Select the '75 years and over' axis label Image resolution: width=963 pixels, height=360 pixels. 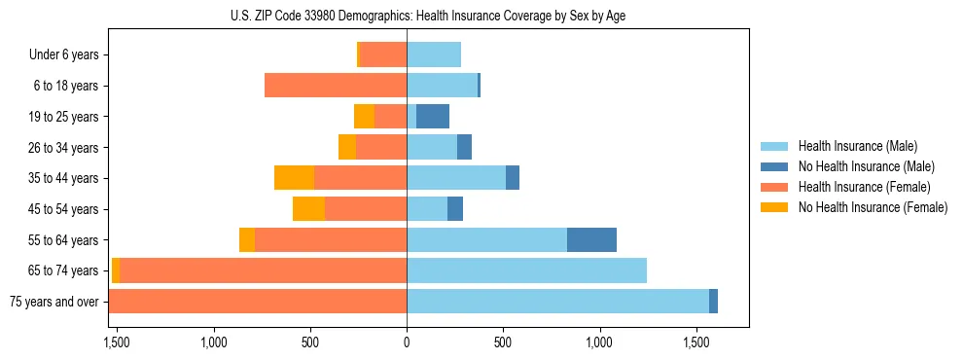pyautogui.click(x=53, y=302)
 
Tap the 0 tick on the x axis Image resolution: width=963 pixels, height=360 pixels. pyautogui.click(x=407, y=342)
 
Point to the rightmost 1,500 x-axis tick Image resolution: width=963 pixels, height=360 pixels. pyautogui.click(x=696, y=342)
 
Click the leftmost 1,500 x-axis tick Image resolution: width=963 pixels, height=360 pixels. pyautogui.click(x=117, y=342)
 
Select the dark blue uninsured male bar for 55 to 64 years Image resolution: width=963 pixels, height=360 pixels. pyautogui.click(x=591, y=240)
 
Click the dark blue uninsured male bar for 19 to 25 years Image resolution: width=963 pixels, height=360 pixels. pyautogui.click(x=433, y=117)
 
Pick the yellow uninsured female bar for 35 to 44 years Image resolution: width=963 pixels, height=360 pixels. pyautogui.click(x=294, y=178)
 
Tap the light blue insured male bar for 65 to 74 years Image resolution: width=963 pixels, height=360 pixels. pyautogui.click(x=526, y=270)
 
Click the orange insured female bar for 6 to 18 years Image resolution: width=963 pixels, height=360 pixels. pyautogui.click(x=336, y=86)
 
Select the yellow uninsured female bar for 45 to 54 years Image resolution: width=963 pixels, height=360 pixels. pyautogui.click(x=308, y=209)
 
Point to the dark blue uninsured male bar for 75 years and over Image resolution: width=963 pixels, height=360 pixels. pyautogui.click(x=713, y=302)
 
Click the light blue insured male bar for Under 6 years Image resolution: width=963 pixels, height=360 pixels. pyautogui.click(x=434, y=55)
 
